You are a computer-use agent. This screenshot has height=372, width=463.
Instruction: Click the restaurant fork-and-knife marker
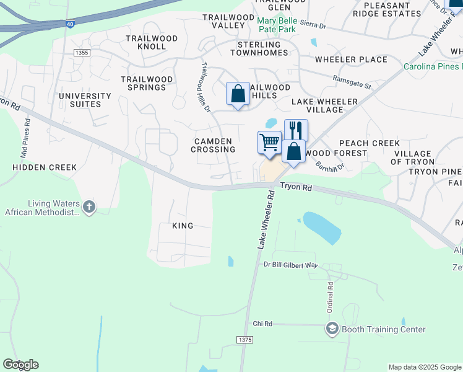pyautogui.click(x=296, y=130)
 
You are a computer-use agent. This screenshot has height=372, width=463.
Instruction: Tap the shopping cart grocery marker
pyautogui.click(x=269, y=142)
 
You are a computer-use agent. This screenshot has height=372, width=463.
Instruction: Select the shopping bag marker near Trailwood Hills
pyautogui.click(x=238, y=94)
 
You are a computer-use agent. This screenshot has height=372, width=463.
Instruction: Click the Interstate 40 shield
pyautogui.click(x=71, y=24)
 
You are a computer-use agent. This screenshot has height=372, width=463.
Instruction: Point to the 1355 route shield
pyautogui.click(x=81, y=53)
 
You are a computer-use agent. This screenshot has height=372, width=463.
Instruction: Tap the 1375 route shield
pyautogui.click(x=245, y=340)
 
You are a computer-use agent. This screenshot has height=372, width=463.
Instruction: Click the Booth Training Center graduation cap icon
pyautogui.click(x=332, y=329)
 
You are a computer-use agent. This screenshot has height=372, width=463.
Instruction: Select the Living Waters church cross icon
pyautogui.click(x=89, y=206)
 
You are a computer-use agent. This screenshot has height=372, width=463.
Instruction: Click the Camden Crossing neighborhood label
pyautogui.click(x=213, y=145)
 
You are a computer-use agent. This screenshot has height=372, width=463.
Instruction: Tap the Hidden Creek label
pyautogui.click(x=45, y=167)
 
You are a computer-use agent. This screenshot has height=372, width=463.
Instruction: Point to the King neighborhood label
pyautogui.click(x=183, y=226)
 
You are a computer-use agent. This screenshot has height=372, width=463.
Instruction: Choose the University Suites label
pyautogui.click(x=85, y=100)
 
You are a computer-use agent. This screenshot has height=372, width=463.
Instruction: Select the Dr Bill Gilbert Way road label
pyautogui.click(x=290, y=265)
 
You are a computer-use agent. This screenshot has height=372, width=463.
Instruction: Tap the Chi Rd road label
pyautogui.click(x=262, y=324)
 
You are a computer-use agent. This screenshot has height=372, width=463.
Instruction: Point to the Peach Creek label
pyautogui.click(x=370, y=143)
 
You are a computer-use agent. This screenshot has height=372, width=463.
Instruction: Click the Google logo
pyautogui.click(x=20, y=365)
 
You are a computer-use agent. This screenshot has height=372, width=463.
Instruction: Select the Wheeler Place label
pyautogui.click(x=351, y=60)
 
